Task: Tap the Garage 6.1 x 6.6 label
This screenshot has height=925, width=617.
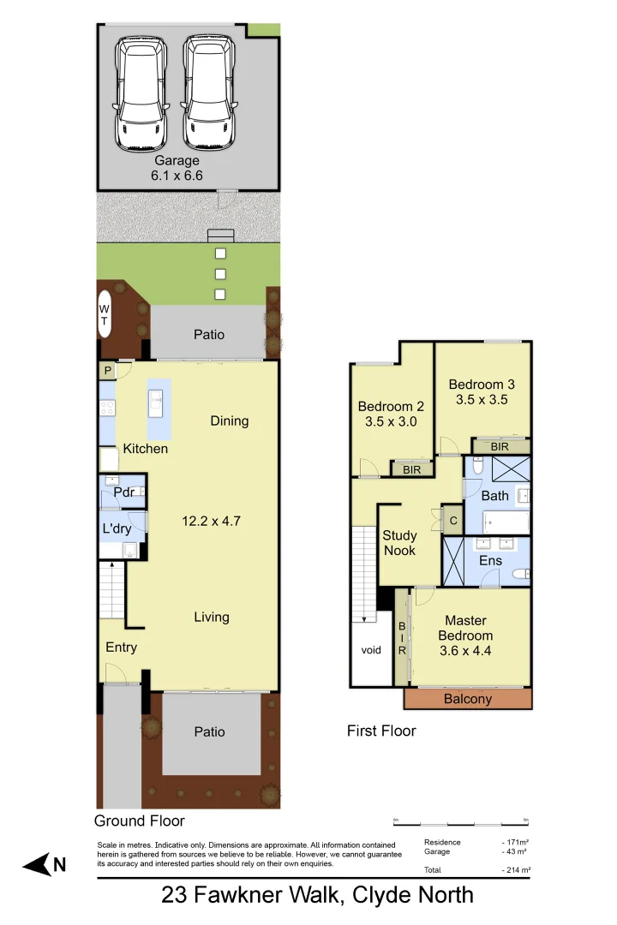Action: tap(177, 167)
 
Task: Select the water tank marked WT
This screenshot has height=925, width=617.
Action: tap(105, 313)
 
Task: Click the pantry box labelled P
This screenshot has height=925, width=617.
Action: tap(108, 371)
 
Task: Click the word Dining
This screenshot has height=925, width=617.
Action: tap(230, 421)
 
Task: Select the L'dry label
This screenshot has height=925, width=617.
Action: tap(117, 528)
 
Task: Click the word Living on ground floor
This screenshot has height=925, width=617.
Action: tap(211, 617)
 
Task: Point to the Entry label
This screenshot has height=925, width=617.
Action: tap(121, 647)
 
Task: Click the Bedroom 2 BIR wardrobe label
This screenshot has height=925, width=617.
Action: tap(411, 469)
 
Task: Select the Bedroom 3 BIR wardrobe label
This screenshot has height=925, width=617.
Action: tap(500, 446)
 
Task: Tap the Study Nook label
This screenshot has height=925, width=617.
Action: tap(399, 543)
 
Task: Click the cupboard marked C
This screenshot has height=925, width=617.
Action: tap(452, 520)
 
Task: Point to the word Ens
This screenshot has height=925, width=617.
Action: tap(490, 560)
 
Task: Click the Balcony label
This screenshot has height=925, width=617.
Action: tap(468, 699)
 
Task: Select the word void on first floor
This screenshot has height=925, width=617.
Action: tap(371, 650)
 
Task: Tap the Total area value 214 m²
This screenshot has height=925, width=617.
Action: tap(516, 870)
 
